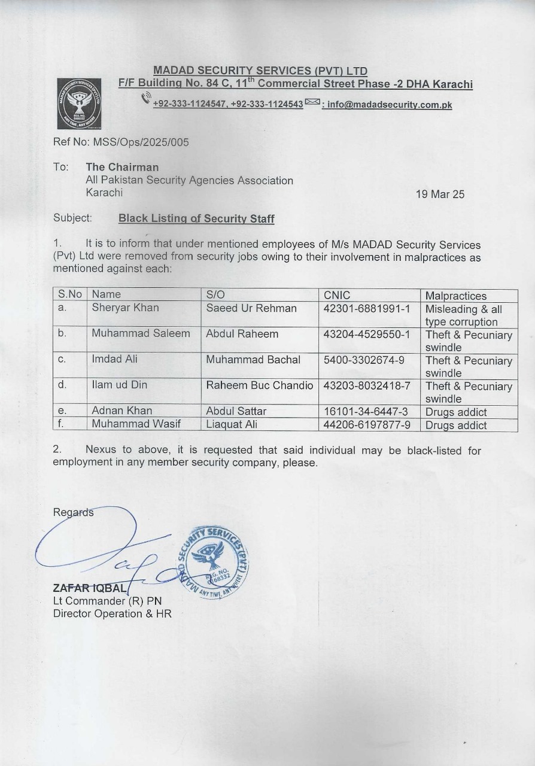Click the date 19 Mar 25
(440, 194)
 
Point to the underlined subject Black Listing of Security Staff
(196, 218)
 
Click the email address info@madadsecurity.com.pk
(390, 105)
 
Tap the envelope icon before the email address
(312, 102)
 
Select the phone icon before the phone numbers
(146, 98)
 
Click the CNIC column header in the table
(337, 294)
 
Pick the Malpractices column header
(456, 296)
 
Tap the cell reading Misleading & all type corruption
(464, 315)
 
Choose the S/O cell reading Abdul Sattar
(236, 411)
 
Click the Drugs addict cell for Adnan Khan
(456, 412)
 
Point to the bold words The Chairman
(122, 167)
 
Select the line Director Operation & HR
(113, 614)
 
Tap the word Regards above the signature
(73, 513)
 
